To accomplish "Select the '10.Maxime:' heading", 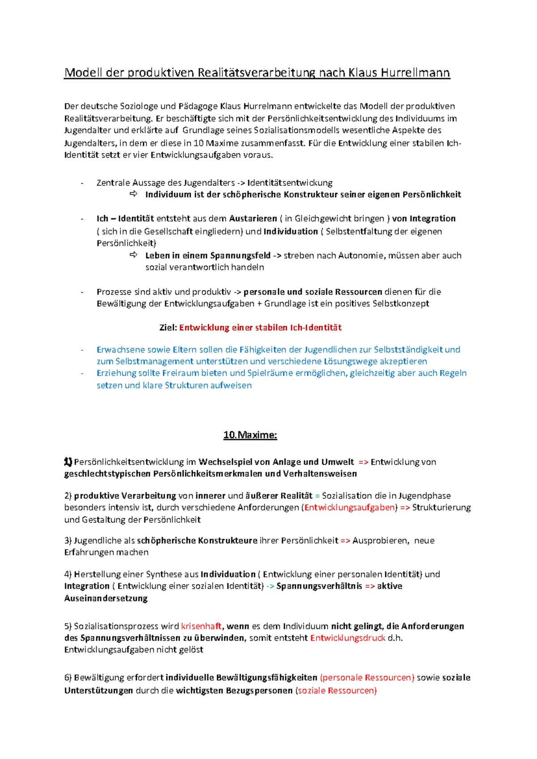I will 250,435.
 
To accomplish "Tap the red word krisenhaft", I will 201,626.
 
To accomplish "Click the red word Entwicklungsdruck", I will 348,638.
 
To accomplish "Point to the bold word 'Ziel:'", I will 168,328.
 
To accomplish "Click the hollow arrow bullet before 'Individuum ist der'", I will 133,194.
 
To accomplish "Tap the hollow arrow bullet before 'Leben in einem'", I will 133,255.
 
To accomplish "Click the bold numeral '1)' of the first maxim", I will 68,462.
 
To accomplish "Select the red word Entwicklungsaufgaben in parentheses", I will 350,507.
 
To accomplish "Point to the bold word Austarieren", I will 253,219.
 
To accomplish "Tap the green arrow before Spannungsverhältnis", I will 270,586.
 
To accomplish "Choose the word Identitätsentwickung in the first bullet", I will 290,183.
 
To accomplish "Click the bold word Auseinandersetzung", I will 106,598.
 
